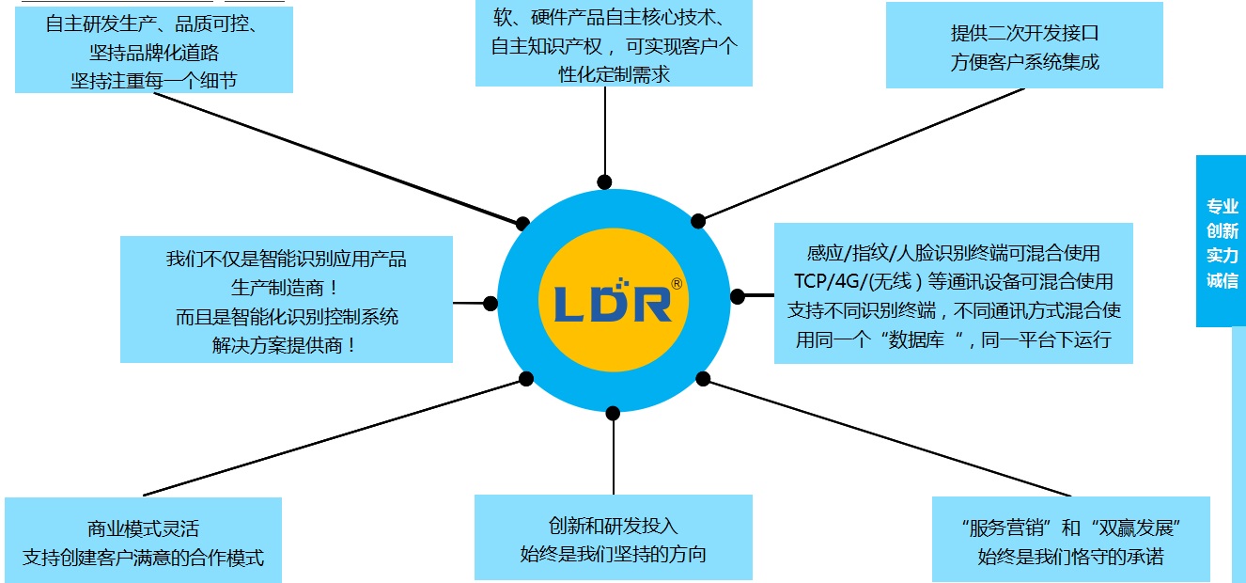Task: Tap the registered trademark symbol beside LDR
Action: (677, 283)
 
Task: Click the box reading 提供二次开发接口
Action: (1024, 47)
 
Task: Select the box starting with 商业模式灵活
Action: (143, 543)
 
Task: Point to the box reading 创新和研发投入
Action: (613, 539)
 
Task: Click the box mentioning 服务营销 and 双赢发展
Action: (1070, 541)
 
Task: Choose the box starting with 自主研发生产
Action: (154, 51)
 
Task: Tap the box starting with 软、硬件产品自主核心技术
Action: (614, 44)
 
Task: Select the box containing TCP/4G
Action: (953, 294)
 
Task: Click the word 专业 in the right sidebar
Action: (1222, 207)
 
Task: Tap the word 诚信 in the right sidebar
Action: (1222, 280)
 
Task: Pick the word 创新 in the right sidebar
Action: (1222, 231)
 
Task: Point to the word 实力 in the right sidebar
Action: (1222, 256)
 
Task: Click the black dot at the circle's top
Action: (604, 181)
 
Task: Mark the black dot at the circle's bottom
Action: (613, 413)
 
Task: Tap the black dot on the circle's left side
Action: (491, 304)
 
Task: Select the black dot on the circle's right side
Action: (738, 296)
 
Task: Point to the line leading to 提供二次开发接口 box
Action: (864, 153)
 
